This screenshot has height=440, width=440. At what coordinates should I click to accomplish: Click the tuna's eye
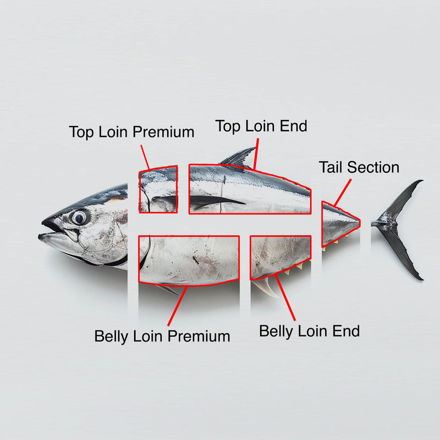(80, 217)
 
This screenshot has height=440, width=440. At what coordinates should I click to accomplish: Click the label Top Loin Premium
(131, 132)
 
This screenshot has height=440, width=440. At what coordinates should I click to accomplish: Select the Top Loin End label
(261, 125)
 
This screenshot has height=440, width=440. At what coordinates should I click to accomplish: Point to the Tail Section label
(359, 167)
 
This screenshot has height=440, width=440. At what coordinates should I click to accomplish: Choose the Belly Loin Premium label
(162, 336)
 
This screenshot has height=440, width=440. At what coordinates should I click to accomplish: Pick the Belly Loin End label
(309, 331)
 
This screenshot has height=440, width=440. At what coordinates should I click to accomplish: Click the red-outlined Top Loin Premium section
(158, 190)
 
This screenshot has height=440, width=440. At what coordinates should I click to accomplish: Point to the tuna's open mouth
(55, 232)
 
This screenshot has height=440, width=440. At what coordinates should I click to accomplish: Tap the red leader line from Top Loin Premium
(145, 157)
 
